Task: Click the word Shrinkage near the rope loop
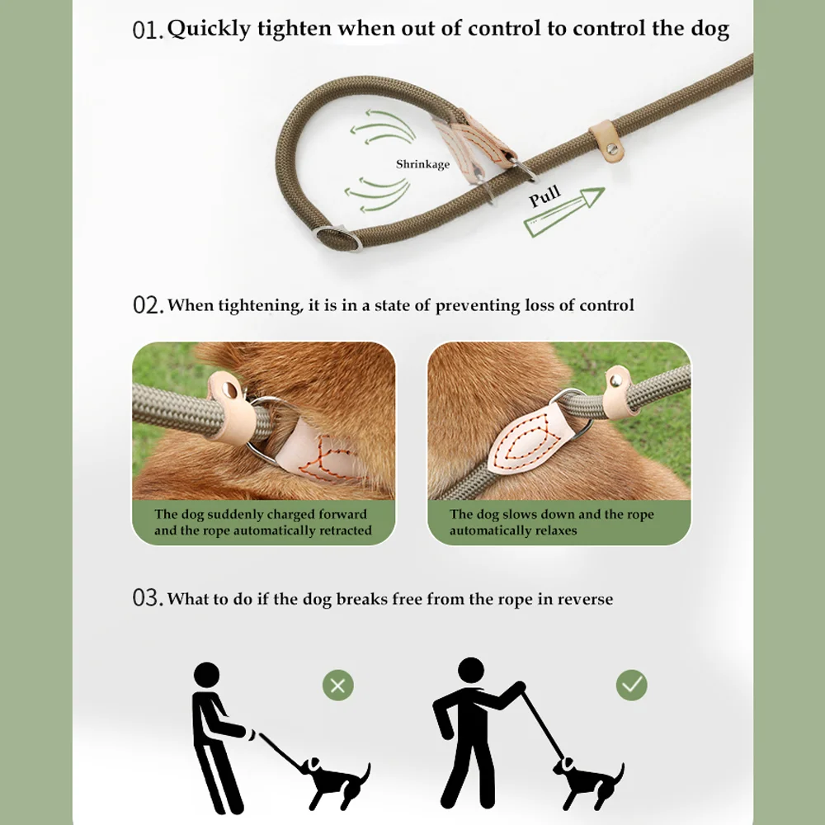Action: click(422, 164)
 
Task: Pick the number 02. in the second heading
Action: click(148, 305)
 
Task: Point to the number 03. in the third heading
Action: click(148, 598)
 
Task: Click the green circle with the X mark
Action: click(338, 685)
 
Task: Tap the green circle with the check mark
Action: click(632, 685)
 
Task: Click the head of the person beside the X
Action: click(207, 674)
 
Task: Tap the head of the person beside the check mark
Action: click(471, 671)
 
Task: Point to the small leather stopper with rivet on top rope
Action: click(605, 135)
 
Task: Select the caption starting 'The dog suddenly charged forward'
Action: click(262, 522)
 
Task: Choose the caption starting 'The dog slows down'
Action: click(551, 522)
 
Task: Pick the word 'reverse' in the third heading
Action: click(585, 599)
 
